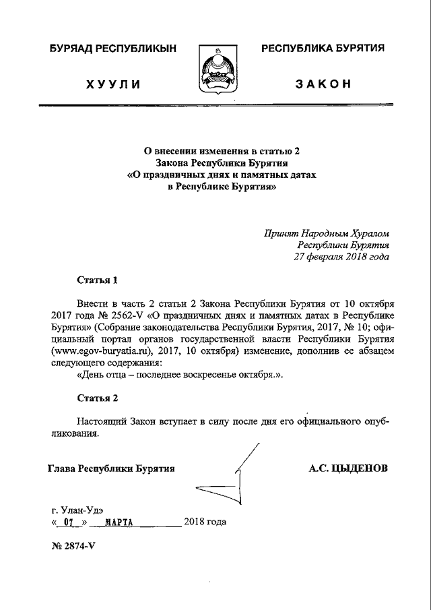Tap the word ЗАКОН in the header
coord(323,84)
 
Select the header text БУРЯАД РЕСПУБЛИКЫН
coord(113,49)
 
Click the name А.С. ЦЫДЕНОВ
coord(348,468)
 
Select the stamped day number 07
coord(67,522)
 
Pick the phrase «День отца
coord(103,375)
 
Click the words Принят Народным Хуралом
coord(327,234)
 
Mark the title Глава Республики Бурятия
coord(112,468)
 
